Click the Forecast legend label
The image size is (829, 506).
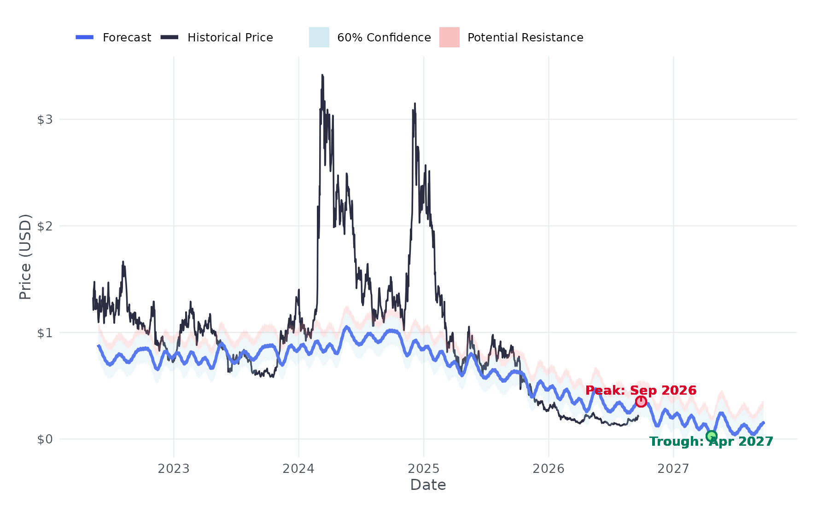pyautogui.click(x=127, y=37)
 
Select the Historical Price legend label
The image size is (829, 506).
pyautogui.click(x=230, y=37)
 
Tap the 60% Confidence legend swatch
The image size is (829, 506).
pyautogui.click(x=319, y=37)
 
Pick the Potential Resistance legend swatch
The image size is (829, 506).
pyautogui.click(x=450, y=37)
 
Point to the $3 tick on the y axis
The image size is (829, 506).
pyautogui.click(x=45, y=120)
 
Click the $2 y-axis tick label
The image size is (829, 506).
pyautogui.click(x=45, y=226)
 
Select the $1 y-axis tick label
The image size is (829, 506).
pyautogui.click(x=45, y=333)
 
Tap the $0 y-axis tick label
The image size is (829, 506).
pyautogui.click(x=45, y=439)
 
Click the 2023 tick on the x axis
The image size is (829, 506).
pyautogui.click(x=174, y=469)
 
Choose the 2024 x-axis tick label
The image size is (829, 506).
pyautogui.click(x=298, y=469)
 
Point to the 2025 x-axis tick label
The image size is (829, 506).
pyautogui.click(x=424, y=469)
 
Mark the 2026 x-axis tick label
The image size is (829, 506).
pyautogui.click(x=549, y=469)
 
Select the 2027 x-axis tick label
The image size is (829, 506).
pyautogui.click(x=673, y=469)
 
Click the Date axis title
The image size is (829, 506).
pyautogui.click(x=428, y=485)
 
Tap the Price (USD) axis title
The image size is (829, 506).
pyautogui.click(x=25, y=257)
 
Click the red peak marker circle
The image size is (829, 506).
pyautogui.click(x=641, y=402)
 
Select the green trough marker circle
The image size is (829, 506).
pyautogui.click(x=711, y=436)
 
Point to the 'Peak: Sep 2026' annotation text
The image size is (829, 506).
pyautogui.click(x=641, y=391)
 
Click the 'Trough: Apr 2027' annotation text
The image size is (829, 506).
pyautogui.click(x=711, y=442)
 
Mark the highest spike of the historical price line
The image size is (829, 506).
pyautogui.click(x=322, y=75)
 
